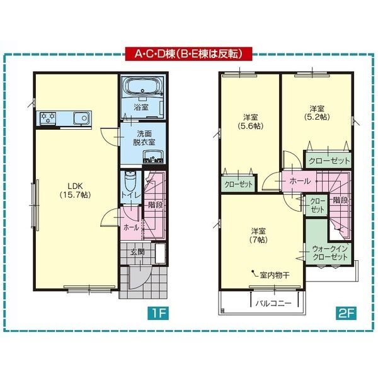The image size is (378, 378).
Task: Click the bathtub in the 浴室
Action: coord(142,86)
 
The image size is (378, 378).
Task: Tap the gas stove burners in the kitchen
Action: coord(48,118)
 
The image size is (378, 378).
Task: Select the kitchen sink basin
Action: coord(81,118)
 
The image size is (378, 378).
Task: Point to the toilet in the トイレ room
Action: coord(130,182)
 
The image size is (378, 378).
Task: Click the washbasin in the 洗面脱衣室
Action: coord(153,156)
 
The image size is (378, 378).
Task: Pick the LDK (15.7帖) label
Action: coord(75,190)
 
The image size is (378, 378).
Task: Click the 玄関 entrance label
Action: coord(137,252)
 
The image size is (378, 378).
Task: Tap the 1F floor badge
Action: coord(158,313)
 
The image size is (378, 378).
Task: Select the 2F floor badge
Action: coord(346,313)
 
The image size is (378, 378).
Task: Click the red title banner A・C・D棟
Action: coord(189,54)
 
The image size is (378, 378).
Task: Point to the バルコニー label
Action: coord(273,303)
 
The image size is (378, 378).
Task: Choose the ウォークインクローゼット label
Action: coord(330,253)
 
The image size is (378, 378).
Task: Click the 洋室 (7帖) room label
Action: coord(259,236)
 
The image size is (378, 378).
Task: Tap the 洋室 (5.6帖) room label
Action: coord(251,122)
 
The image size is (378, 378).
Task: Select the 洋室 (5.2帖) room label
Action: coord(317,113)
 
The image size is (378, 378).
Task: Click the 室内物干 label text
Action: coord(275,275)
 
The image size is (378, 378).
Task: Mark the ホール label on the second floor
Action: coord(300,181)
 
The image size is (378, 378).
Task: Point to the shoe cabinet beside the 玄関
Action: coord(160,253)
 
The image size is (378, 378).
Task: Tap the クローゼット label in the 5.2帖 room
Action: coord(329,161)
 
